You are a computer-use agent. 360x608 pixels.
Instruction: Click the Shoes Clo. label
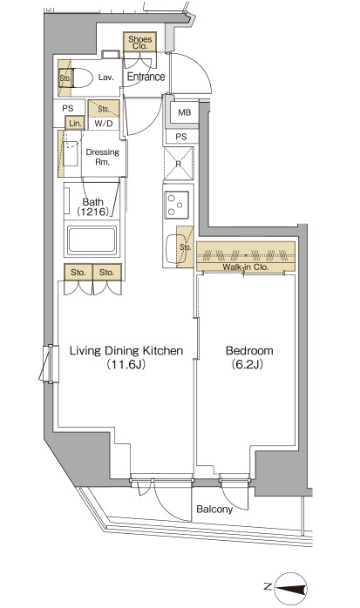click(x=140, y=42)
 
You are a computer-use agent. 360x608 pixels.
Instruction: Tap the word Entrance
click(x=146, y=77)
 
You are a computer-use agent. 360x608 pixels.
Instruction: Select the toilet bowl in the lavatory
click(x=82, y=78)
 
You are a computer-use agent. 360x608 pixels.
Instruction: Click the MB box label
click(x=184, y=112)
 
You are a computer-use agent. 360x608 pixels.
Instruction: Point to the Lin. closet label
click(x=75, y=124)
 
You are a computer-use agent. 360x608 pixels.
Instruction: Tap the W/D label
click(x=103, y=124)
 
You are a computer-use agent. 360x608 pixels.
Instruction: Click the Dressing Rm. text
click(x=102, y=157)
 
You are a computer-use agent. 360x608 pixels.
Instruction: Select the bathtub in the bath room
click(x=92, y=240)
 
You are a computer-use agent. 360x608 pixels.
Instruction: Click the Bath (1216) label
click(x=93, y=206)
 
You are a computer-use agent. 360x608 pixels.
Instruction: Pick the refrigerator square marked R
click(x=179, y=164)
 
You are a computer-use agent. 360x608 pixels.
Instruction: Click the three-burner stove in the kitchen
click(x=177, y=205)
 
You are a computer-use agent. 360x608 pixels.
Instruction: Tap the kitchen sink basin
click(x=173, y=247)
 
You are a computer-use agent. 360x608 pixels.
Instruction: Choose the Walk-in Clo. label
click(x=245, y=267)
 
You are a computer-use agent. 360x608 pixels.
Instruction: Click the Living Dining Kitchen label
click(x=126, y=351)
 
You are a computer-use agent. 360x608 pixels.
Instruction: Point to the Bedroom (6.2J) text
click(x=249, y=357)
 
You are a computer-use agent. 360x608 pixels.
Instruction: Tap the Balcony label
click(x=214, y=509)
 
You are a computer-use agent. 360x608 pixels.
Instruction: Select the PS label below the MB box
click(x=180, y=137)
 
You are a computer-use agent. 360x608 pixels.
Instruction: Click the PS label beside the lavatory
click(x=67, y=109)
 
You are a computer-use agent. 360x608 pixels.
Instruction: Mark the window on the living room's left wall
click(x=50, y=363)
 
